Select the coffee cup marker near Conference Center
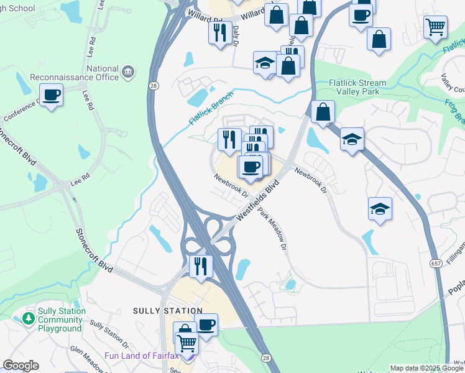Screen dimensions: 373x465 click(52, 95)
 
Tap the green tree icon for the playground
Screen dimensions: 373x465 click(28, 319)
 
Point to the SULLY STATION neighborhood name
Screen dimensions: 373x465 click(167, 310)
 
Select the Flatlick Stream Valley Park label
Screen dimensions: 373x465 click(358, 87)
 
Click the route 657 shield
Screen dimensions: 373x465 click(434, 263)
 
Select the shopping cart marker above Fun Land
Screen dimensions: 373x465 click(186, 342)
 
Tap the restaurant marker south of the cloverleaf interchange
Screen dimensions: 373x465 click(201, 266)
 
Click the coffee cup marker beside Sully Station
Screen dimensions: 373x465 click(206, 325)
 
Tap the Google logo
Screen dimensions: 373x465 click(21, 366)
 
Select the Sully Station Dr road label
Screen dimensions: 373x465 click(109, 333)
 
